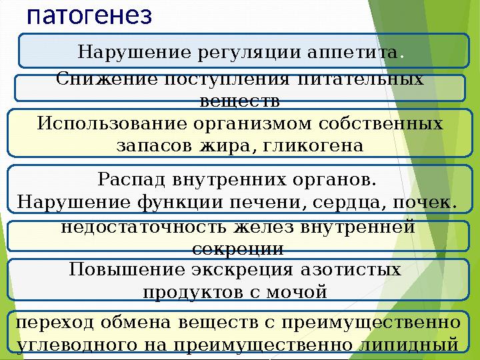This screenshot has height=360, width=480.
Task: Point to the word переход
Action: [55, 323]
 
